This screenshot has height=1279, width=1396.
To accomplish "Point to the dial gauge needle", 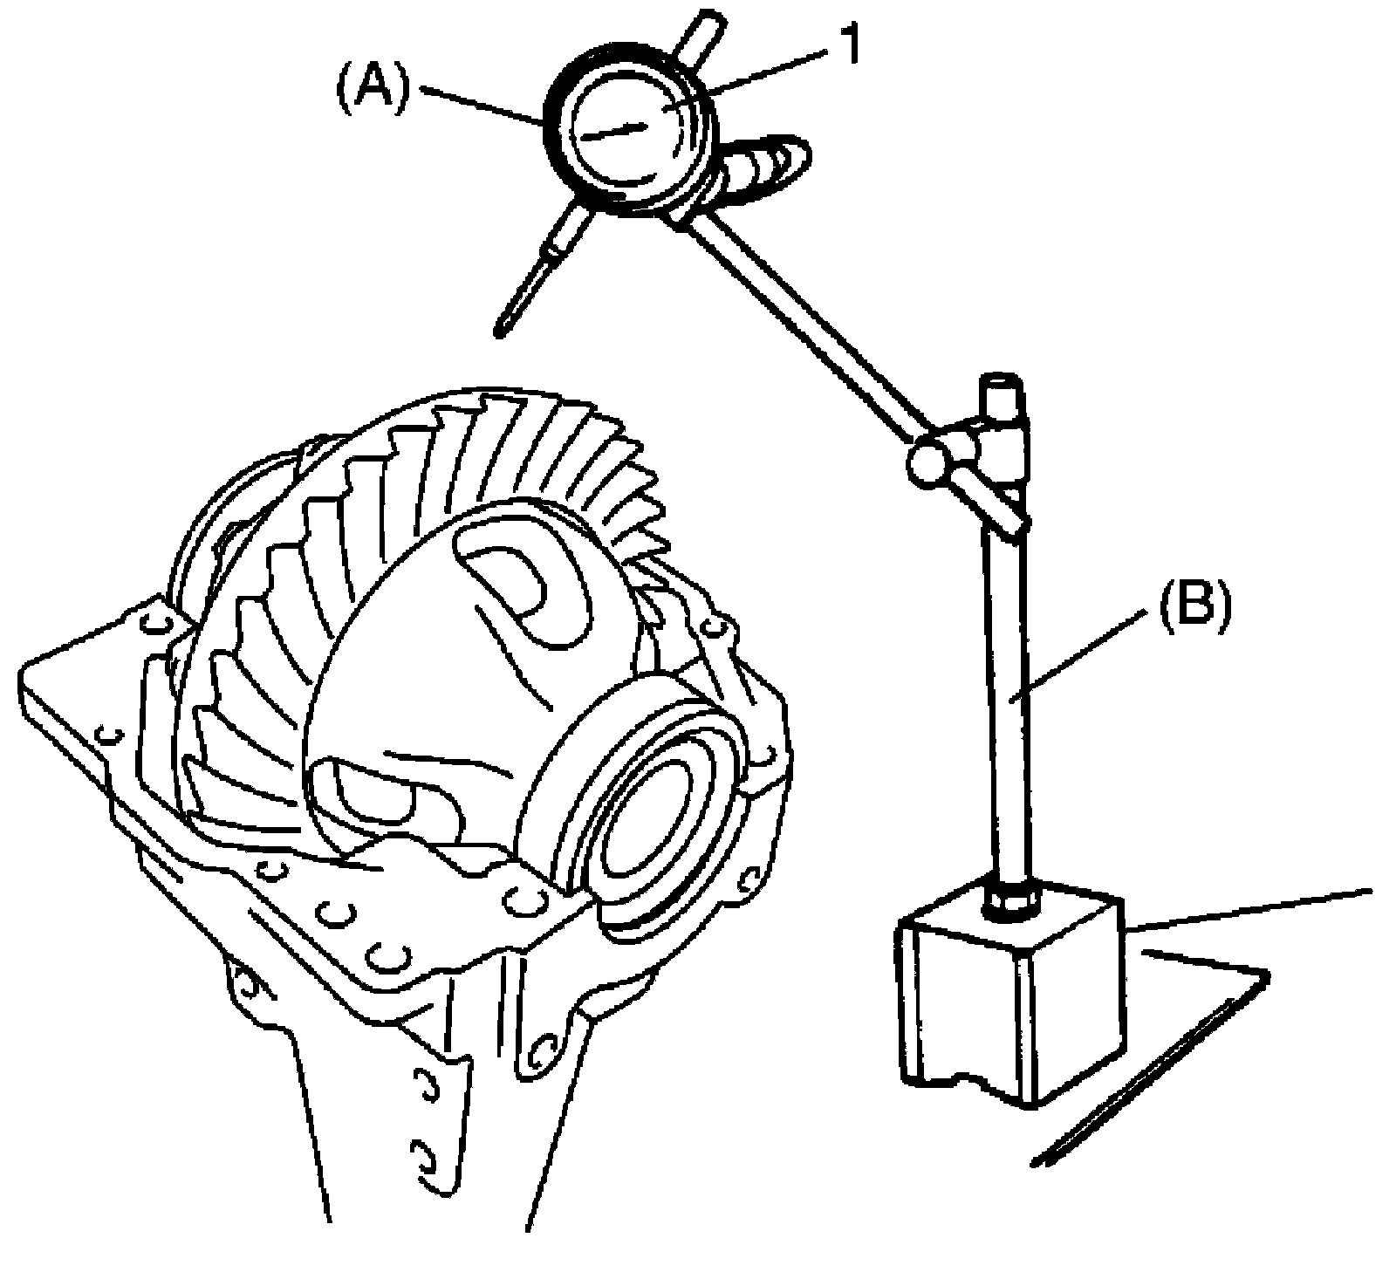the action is point(616,132).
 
